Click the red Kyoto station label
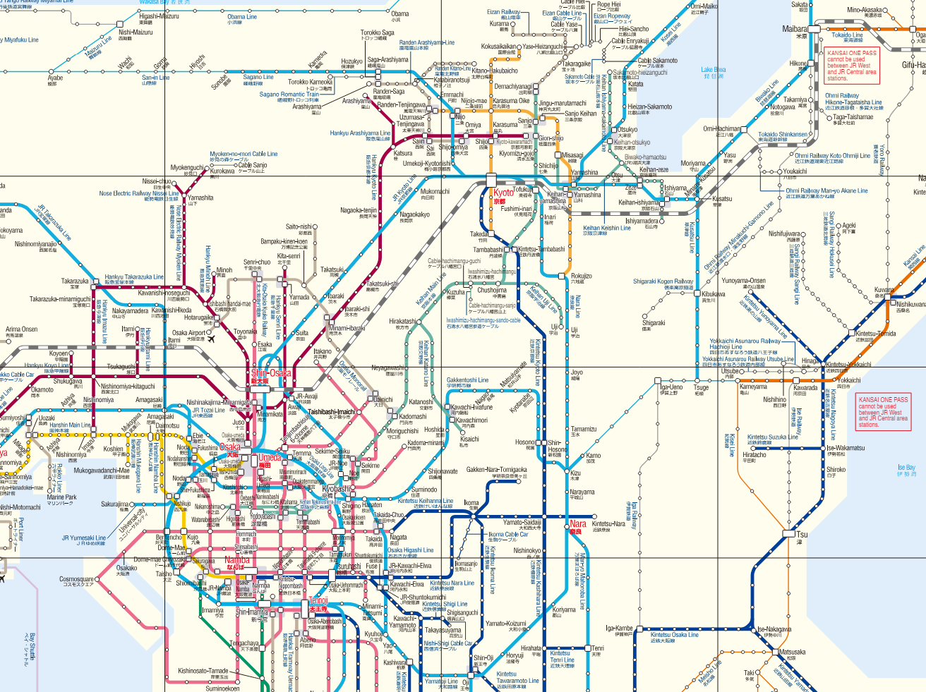(x=503, y=193)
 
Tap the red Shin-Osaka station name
(x=270, y=373)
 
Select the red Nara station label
(x=578, y=524)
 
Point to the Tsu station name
(x=802, y=534)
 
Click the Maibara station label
(x=795, y=29)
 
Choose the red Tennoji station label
(x=318, y=601)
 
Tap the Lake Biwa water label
(x=714, y=71)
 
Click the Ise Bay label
(x=906, y=468)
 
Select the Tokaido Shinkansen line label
(x=783, y=135)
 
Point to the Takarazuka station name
(x=75, y=281)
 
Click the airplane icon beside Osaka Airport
(x=210, y=337)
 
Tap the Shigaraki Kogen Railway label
(x=663, y=281)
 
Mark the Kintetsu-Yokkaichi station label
(x=848, y=365)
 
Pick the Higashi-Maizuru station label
(x=159, y=16)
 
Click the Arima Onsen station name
(x=22, y=329)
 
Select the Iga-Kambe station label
(x=619, y=629)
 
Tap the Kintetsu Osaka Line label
(x=675, y=635)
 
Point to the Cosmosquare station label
(x=76, y=580)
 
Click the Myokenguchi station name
(x=187, y=169)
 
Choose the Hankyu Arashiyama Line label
(x=360, y=133)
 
